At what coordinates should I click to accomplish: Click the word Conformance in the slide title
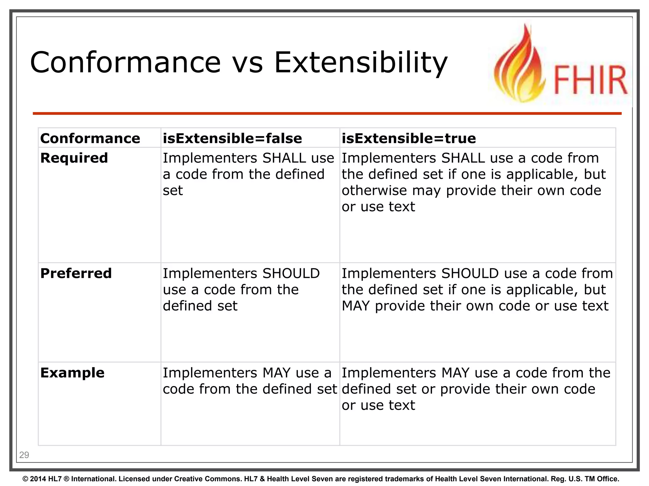[125, 62]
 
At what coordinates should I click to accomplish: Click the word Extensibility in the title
[361, 62]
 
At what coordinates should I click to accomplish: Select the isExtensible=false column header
[232, 138]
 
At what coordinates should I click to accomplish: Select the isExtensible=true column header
[408, 138]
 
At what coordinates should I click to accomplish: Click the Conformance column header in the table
[90, 138]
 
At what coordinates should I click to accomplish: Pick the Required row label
[74, 158]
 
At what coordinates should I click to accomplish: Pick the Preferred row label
[76, 273]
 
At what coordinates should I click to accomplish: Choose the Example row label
[72, 373]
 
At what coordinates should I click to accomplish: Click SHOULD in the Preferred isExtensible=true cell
[470, 273]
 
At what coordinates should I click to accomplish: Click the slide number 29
[24, 455]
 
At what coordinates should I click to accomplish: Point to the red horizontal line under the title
[326, 113]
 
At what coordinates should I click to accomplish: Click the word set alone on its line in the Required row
[173, 190]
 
